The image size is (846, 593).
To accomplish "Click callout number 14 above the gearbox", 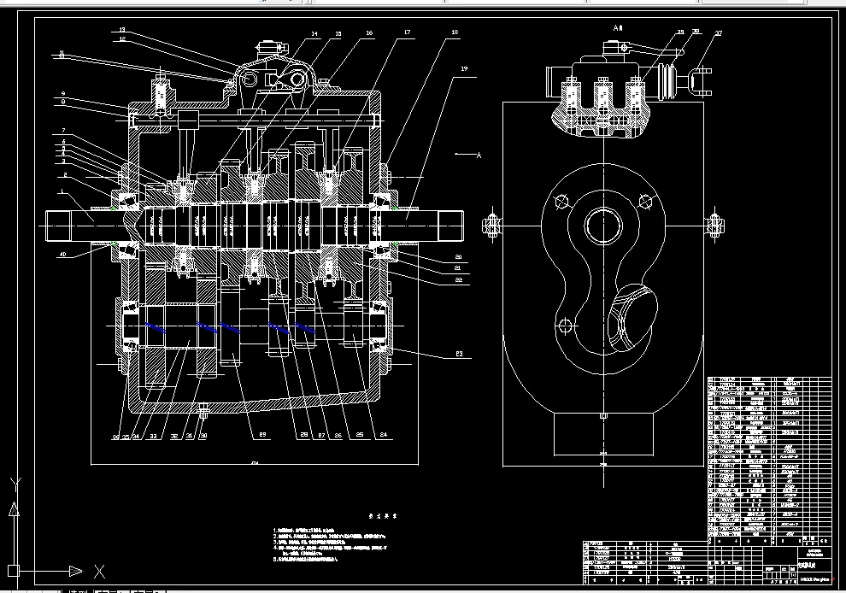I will tap(314, 34).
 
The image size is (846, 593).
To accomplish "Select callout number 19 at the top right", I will tap(464, 68).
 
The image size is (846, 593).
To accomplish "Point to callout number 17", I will tap(407, 32).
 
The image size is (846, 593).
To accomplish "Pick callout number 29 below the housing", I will tap(261, 436).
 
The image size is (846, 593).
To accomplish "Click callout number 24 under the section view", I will tap(383, 436).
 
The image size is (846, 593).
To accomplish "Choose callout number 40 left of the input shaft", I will tap(62, 254).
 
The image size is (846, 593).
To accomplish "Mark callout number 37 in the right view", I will tap(718, 34).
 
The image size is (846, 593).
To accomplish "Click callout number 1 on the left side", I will tap(62, 191).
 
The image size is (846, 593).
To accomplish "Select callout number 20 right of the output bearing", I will tap(458, 256).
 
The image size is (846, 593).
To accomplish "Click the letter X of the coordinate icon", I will tap(99, 571).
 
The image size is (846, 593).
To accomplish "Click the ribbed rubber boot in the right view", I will tap(664, 83).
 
